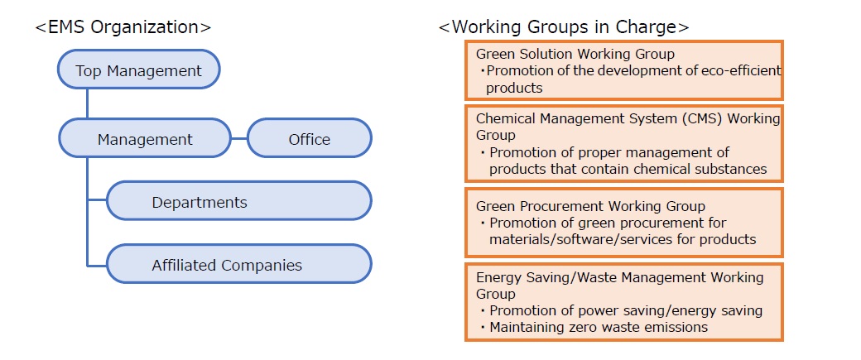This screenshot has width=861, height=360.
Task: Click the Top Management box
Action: (x=138, y=70)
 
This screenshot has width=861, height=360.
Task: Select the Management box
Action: (x=145, y=139)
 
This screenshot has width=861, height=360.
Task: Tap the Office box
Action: (x=309, y=139)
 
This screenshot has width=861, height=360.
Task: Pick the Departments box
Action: (x=238, y=202)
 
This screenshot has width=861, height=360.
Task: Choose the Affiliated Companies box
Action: (x=238, y=266)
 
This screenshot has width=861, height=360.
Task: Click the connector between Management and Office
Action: (x=239, y=139)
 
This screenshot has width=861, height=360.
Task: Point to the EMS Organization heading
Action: (x=123, y=26)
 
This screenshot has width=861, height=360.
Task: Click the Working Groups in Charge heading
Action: (x=563, y=26)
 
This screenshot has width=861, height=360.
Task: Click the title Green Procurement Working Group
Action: (x=590, y=206)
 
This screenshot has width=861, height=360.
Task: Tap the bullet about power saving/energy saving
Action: (x=625, y=310)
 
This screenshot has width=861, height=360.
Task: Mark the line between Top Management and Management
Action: (x=87, y=103)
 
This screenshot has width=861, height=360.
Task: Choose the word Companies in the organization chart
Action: (x=262, y=266)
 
